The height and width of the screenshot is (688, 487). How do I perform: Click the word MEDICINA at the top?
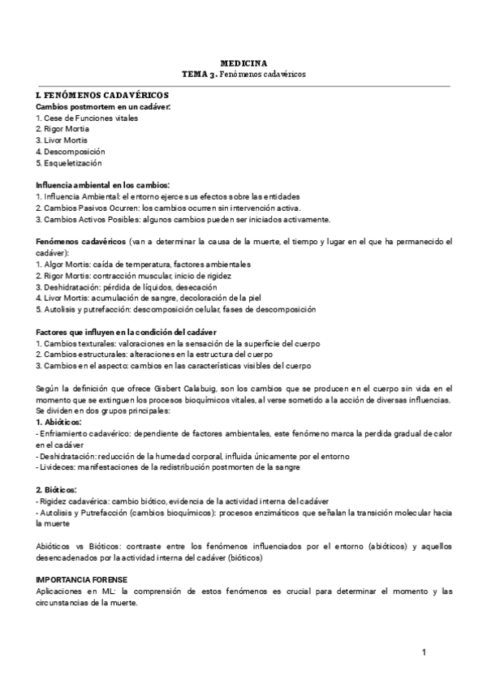point(243,62)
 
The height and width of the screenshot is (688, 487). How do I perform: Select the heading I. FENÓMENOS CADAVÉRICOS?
point(102,96)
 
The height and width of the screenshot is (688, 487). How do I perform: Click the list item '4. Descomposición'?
point(71,152)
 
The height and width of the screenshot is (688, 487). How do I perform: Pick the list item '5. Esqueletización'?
point(69,163)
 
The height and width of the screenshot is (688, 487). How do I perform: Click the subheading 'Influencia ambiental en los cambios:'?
point(102,185)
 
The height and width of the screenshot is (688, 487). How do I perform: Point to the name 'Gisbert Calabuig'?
point(163,389)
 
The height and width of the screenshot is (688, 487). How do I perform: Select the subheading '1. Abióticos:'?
point(59,423)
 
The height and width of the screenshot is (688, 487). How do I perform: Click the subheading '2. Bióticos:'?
point(57,490)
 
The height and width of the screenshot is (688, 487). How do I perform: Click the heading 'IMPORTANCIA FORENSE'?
point(81,580)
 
